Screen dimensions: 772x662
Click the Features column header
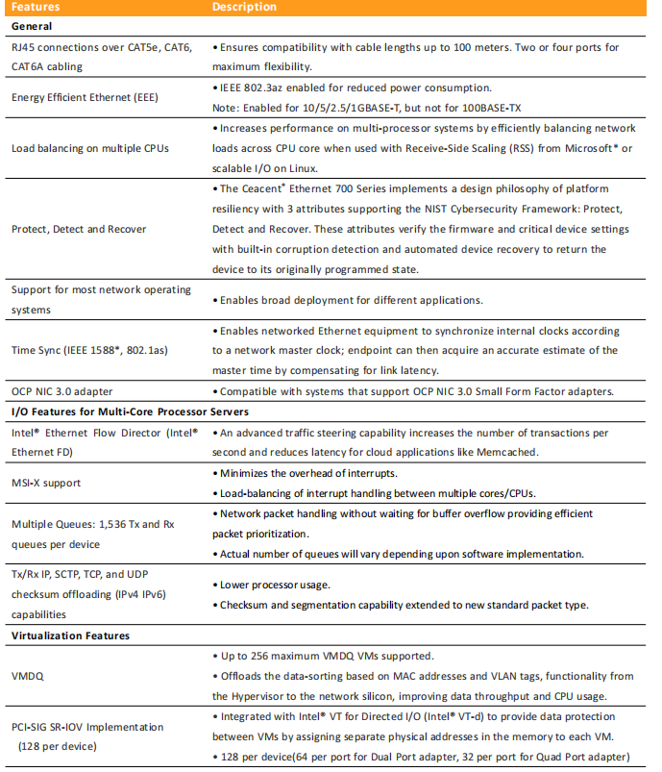point(36,8)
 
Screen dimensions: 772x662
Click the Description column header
point(245,8)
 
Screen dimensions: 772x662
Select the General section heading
point(33,26)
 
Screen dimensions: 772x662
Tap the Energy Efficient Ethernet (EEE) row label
point(85,97)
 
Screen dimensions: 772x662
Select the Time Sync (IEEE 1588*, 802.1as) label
point(89,350)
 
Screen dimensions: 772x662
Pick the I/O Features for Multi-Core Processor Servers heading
point(129,411)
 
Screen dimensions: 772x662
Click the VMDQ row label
point(29,676)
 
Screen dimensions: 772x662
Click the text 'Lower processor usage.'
point(274,584)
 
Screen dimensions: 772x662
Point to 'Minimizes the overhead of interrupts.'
point(308,473)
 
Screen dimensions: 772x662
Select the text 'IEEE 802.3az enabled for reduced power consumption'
point(356,87)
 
